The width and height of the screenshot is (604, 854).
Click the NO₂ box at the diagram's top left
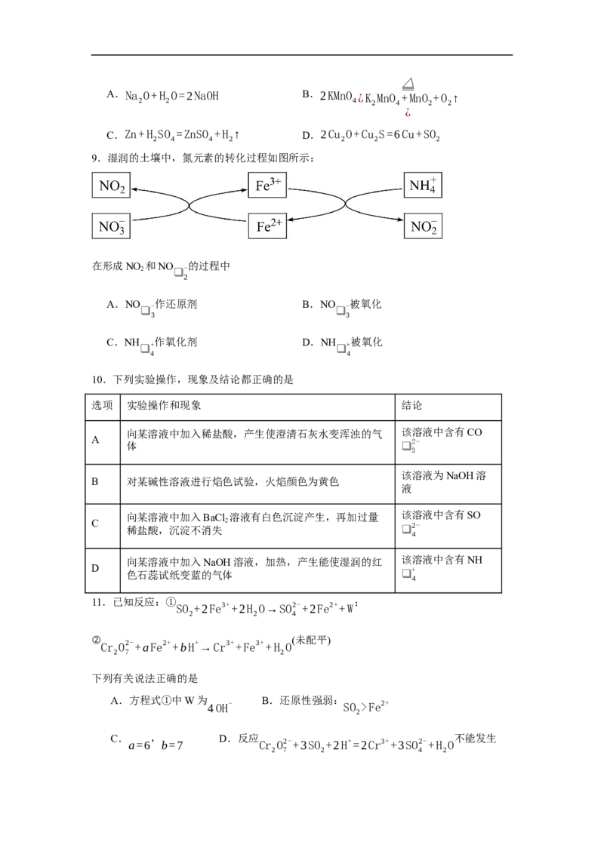[111, 185]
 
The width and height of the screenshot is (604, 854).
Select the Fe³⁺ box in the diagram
[267, 185]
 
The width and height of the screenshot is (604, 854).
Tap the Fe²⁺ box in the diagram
[267, 226]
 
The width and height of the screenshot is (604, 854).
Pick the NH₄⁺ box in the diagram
[423, 185]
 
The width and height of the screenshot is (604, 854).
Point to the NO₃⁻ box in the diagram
[111, 226]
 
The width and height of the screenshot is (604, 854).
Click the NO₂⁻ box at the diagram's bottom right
[423, 226]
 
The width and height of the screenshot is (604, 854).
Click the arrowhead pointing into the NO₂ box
[134, 189]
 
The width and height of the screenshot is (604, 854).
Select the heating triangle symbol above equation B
[408, 83]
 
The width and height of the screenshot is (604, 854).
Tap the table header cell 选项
[103, 406]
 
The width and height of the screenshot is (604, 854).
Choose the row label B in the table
[95, 482]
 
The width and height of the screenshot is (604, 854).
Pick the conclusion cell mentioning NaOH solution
[448, 483]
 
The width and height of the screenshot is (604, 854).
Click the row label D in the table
[95, 569]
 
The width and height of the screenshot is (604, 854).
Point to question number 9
[96, 158]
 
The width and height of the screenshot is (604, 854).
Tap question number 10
[98, 379]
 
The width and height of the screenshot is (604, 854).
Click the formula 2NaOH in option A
[202, 97]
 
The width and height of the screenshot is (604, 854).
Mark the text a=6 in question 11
[139, 745]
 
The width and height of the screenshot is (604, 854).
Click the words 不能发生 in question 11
[476, 739]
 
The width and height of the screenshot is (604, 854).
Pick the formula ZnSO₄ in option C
[199, 136]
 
